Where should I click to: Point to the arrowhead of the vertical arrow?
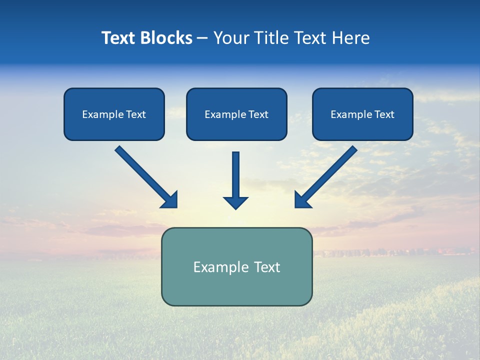(235, 202)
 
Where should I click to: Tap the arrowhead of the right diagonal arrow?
(301, 200)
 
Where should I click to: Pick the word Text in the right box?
(384, 114)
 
